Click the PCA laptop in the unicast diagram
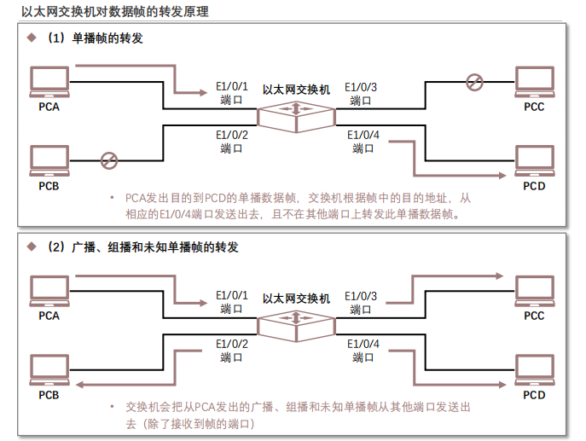(49, 82)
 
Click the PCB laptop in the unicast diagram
(49, 160)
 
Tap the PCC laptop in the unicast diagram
(534, 83)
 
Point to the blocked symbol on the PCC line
(474, 82)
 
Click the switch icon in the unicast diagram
(295, 114)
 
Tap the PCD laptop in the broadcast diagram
(534, 370)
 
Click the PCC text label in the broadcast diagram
(534, 316)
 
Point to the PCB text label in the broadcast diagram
(49, 395)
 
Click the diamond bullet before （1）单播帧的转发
(32, 38)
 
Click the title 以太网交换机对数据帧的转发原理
(114, 12)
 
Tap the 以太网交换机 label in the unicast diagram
(295, 89)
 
